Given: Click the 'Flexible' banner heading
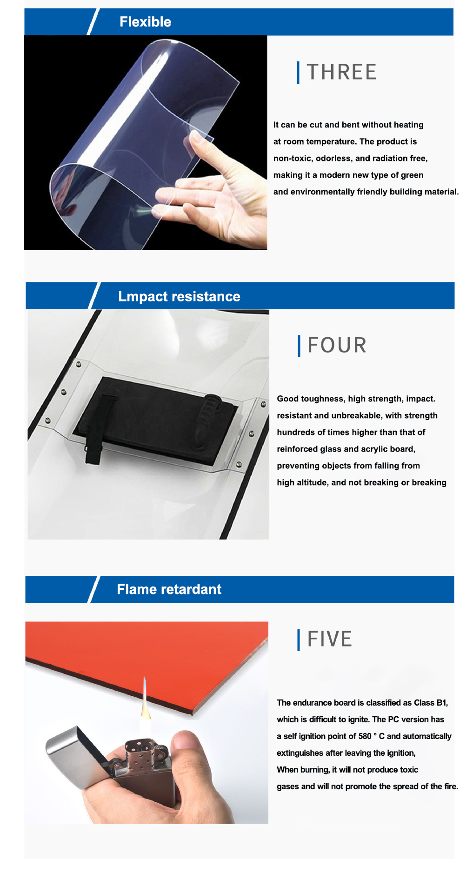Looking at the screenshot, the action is click(145, 22).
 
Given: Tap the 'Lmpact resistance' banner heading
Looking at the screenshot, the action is click(179, 296).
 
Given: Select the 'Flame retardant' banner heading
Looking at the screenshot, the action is click(169, 589).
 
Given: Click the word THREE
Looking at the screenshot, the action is click(342, 72).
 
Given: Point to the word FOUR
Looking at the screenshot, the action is click(337, 345).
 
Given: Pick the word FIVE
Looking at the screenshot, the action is click(330, 639).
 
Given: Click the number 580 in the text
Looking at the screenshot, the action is click(365, 736).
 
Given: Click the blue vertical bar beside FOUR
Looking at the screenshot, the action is click(299, 346).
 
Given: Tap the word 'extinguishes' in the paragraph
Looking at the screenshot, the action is click(300, 753).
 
